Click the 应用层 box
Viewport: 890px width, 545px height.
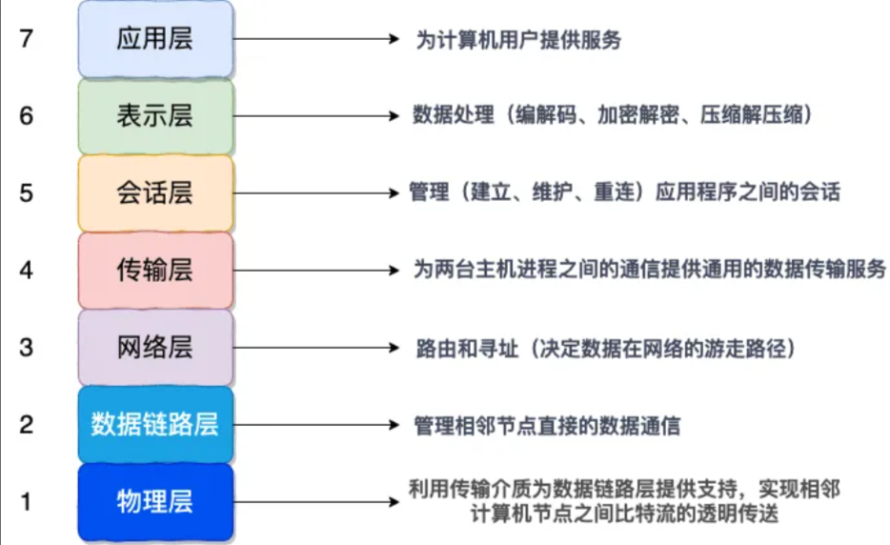(x=155, y=39)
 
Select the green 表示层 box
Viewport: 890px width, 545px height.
(x=155, y=116)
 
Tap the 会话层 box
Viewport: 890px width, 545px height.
(x=155, y=193)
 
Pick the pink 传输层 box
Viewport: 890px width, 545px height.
(x=155, y=270)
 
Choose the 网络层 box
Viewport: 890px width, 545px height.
(x=155, y=347)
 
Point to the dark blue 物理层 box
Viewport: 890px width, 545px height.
(x=155, y=500)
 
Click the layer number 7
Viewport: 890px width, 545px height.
(x=27, y=39)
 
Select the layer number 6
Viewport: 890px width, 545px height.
(x=27, y=116)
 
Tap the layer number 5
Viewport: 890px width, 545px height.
(x=27, y=193)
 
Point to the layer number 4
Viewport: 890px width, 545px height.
(x=27, y=270)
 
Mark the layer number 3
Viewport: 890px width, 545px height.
(x=27, y=347)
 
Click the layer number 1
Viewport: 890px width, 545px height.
(x=27, y=500)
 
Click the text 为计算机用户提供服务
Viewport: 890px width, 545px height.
(x=518, y=40)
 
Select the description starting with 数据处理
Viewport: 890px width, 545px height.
(x=612, y=116)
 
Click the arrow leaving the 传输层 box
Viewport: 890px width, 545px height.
(x=314, y=271)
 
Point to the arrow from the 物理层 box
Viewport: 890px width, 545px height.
(x=314, y=500)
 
